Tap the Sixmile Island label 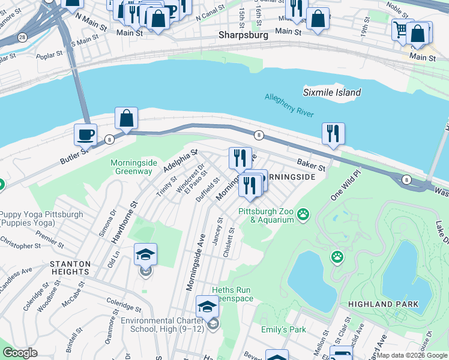pos(332,92)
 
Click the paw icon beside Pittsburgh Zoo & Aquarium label pos(304,214)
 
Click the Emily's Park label pos(283,329)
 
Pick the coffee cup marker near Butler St pos(85,134)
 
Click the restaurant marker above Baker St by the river pos(333,133)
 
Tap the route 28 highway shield pos(22,37)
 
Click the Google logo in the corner pos(20,353)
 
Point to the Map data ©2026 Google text pos(412,355)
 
